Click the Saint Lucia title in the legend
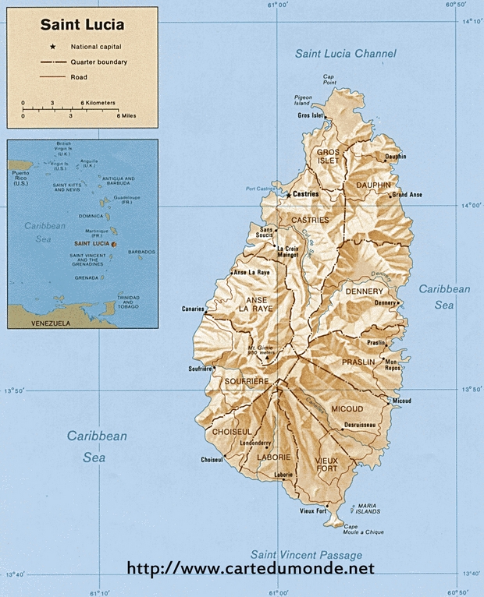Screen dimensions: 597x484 point(82,25)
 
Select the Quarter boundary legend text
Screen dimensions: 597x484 point(98,62)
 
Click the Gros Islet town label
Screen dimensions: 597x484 point(310,115)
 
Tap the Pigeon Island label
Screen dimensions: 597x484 point(303,100)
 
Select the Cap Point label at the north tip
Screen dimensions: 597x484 point(329,79)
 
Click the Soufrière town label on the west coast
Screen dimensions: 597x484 point(200,368)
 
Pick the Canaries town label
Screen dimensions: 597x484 point(193,308)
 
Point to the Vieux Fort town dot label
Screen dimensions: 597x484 point(313,511)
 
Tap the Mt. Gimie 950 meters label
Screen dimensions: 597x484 point(262,350)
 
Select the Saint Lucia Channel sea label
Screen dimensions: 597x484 point(345,54)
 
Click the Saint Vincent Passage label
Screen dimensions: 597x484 point(302,555)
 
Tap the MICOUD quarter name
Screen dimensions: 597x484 point(347,408)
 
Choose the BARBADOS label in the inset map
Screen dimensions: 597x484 point(141,252)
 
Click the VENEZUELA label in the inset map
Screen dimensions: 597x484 point(50,322)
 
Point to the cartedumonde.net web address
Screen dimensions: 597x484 point(250,569)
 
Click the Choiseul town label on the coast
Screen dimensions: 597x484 point(212,459)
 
